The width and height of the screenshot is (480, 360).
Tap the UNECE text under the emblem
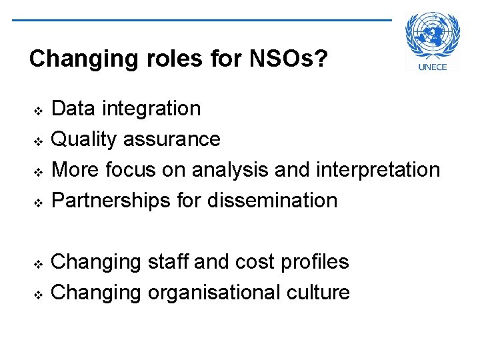[x=433, y=66]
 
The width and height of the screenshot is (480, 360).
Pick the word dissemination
[x=272, y=200]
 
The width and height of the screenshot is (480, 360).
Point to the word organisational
[x=221, y=292]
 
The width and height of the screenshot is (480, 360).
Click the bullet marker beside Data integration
[x=38, y=109]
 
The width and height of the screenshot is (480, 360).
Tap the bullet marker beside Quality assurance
[x=38, y=140]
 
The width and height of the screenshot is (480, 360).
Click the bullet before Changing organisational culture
[x=38, y=293]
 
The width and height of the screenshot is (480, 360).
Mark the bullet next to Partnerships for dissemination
[x=38, y=201]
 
